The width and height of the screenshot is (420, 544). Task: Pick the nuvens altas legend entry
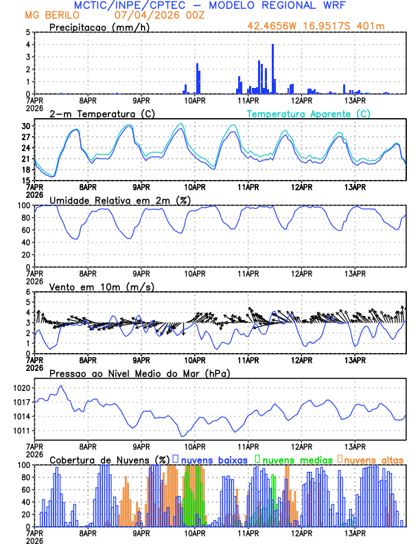click(x=371, y=459)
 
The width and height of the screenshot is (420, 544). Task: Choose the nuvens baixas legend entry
click(x=212, y=459)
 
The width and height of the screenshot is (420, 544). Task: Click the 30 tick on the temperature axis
click(x=26, y=126)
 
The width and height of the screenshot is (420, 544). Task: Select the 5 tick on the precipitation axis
click(x=28, y=32)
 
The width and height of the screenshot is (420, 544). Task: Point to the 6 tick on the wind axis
click(x=28, y=292)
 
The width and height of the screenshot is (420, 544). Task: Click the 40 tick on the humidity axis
click(x=25, y=242)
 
